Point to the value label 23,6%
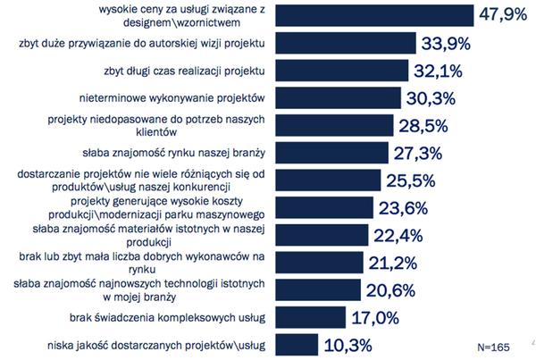coord(406,207)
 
